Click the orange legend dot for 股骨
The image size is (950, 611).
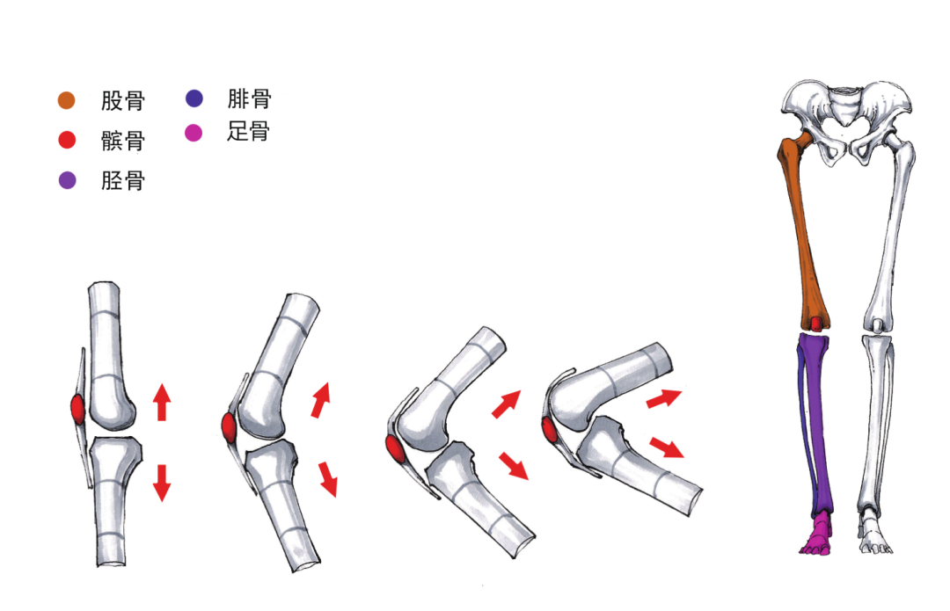point(67,100)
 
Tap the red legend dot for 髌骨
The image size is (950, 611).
point(67,140)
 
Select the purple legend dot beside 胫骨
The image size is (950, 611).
point(67,180)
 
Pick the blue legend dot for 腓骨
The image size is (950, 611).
point(194,98)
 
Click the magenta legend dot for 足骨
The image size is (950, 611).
point(194,132)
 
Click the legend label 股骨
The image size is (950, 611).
point(123,100)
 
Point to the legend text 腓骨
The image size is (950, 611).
point(249,98)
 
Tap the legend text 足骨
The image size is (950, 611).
point(248,131)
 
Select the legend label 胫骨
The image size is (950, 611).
point(123,180)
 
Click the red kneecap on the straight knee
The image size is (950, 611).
point(79,410)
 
